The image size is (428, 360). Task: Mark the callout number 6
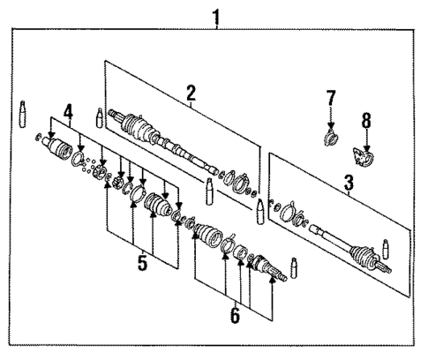[234, 313]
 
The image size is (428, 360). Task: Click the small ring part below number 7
[331, 139]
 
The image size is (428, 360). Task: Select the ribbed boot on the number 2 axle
[140, 130]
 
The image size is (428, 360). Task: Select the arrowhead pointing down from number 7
[331, 126]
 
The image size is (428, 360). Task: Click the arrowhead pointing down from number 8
[367, 147]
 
